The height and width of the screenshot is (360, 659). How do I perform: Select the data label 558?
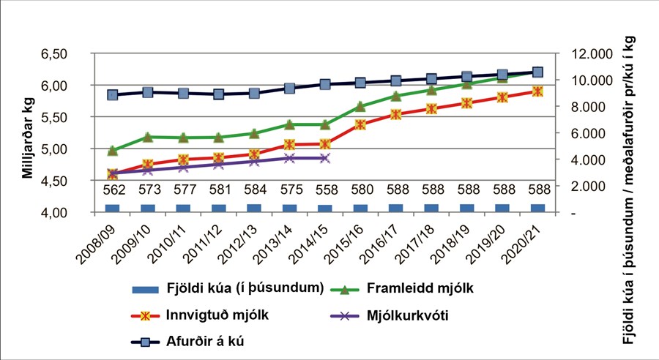[x=324, y=190]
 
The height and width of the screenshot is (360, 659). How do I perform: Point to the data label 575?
[x=289, y=190]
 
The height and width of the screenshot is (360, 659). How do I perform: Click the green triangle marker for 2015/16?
[x=360, y=106]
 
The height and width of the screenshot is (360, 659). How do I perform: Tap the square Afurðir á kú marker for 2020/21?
[x=537, y=72]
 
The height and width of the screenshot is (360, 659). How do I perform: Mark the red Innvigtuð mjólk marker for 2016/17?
[x=395, y=114]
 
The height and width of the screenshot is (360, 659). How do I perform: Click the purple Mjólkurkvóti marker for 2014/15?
[x=324, y=158]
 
